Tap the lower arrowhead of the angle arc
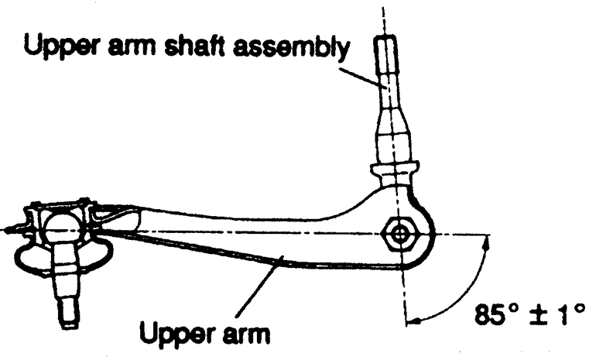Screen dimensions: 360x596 point(410,317)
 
